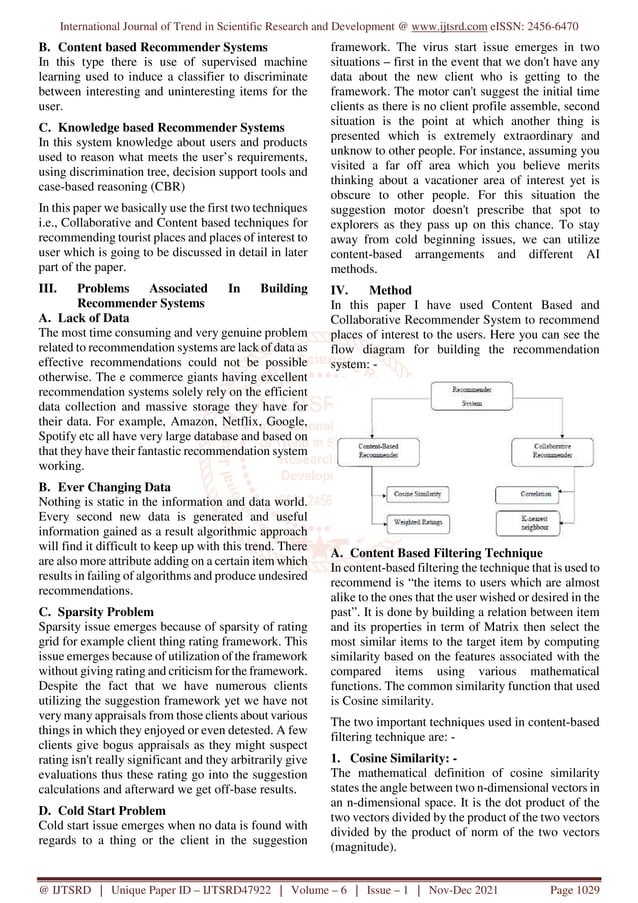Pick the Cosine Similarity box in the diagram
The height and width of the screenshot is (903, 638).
(x=416, y=494)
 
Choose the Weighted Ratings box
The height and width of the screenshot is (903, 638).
(x=416, y=522)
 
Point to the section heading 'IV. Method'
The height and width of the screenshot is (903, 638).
(x=371, y=291)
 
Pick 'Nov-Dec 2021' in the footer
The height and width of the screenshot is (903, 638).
(x=495, y=887)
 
